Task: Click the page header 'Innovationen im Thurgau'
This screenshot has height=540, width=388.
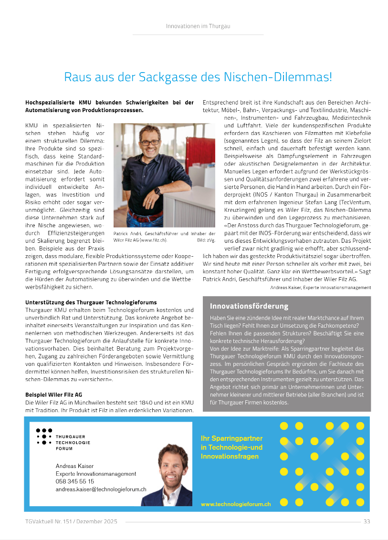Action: coord(198,26)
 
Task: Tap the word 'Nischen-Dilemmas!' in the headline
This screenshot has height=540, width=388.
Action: coord(287,77)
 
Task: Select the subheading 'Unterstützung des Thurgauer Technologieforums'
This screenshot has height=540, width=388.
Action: coord(91,302)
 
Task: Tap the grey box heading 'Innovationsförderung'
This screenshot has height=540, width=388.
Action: coord(249,306)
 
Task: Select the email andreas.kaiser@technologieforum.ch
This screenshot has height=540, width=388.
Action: coord(101,489)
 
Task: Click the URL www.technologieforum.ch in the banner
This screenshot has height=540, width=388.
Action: coord(236,504)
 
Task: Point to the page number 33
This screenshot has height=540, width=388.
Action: coord(367,521)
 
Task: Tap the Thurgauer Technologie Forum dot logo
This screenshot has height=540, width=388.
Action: coord(44,436)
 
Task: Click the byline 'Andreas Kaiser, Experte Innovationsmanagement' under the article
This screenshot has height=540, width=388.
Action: coord(320,288)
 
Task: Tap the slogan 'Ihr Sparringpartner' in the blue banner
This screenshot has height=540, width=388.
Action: coord(231,438)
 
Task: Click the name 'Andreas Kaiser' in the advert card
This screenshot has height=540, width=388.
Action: coord(74,466)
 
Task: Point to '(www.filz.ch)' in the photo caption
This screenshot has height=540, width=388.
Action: coord(153,240)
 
